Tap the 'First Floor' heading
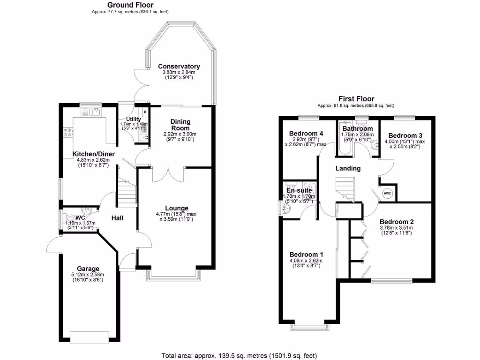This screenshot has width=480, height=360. [356, 99]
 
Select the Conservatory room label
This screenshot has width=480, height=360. [179, 67]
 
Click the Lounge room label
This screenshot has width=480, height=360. [176, 208]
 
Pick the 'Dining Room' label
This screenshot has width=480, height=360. [180, 124]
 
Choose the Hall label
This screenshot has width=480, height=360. [117, 217]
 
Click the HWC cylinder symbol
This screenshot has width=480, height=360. [387, 193]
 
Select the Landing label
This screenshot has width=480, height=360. [348, 168]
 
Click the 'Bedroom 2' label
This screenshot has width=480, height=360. [396, 222]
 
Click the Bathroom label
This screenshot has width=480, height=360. [357, 128]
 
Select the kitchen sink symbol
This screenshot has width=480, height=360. [91, 112]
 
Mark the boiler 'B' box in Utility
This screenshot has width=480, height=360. [145, 112]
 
